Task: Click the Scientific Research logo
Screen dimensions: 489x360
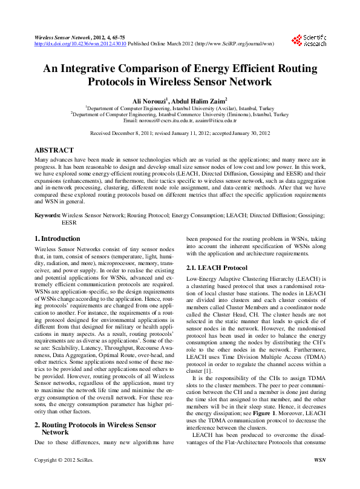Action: click(x=310, y=41)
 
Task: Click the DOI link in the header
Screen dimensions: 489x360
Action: click(x=80, y=44)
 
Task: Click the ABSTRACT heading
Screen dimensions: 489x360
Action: click(x=54, y=149)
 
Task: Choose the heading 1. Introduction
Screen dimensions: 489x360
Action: click(x=57, y=238)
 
